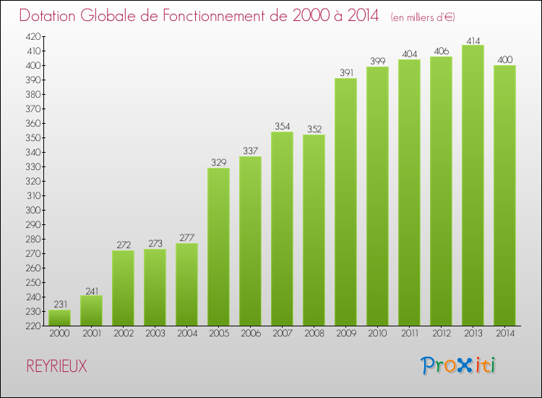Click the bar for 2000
59,318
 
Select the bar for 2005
218,247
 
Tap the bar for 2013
473,185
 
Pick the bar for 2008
314,230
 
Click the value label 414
473,40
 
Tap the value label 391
345,73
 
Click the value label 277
186,238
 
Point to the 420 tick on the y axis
33,36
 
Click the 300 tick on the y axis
33,210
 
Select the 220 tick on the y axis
33,326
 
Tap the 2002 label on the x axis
123,334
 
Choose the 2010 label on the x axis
377,334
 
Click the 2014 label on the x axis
504,334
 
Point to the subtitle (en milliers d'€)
423,17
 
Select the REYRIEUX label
56,367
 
